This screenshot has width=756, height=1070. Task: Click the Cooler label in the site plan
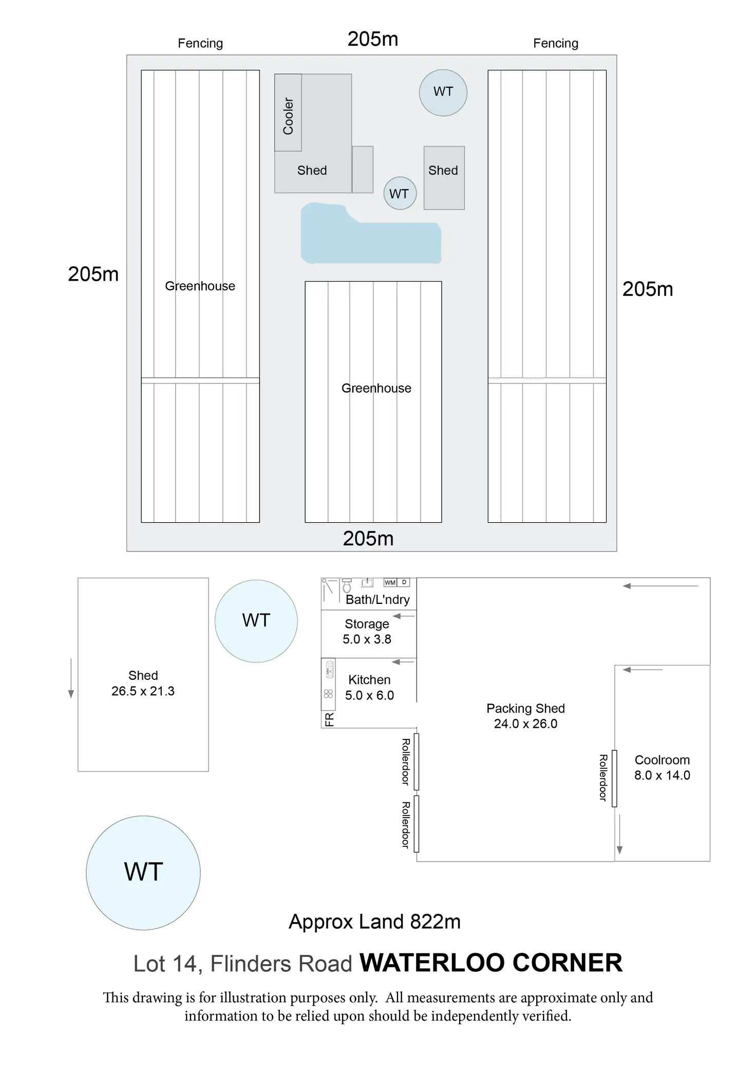[x=288, y=116]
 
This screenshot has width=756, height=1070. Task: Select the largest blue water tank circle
[x=143, y=873]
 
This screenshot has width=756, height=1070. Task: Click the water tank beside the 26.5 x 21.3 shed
[x=256, y=621]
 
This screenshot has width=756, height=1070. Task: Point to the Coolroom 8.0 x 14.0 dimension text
[x=662, y=775]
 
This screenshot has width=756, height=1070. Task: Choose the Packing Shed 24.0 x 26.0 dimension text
[x=525, y=724]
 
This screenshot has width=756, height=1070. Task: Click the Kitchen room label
[x=369, y=680]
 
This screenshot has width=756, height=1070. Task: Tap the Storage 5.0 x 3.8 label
[x=367, y=632]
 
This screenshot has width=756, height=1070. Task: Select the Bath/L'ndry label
[x=377, y=600]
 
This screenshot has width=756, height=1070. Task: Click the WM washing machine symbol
[x=390, y=582]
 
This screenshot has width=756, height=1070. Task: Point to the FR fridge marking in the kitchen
[x=329, y=719]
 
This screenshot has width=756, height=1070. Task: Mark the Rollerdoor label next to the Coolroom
[x=603, y=778]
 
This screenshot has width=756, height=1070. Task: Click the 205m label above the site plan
[x=373, y=40]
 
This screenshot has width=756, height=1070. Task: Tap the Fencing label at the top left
[x=200, y=44]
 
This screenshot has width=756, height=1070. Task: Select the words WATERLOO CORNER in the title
[x=491, y=963]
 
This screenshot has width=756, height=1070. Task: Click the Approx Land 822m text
[x=374, y=922]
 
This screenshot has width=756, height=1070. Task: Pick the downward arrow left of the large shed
[x=71, y=678]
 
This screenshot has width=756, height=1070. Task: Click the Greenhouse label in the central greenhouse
[x=376, y=389]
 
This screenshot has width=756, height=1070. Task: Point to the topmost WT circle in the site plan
[x=443, y=93]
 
